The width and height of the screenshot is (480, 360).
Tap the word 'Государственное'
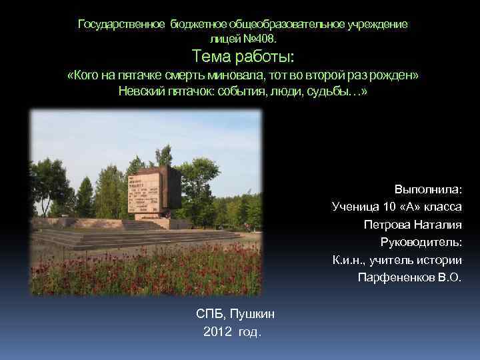pyautogui.click(x=122, y=25)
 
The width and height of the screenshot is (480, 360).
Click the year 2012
pyautogui.click(x=217, y=331)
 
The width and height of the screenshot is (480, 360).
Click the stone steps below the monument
pyautogui.click(x=133, y=237)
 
